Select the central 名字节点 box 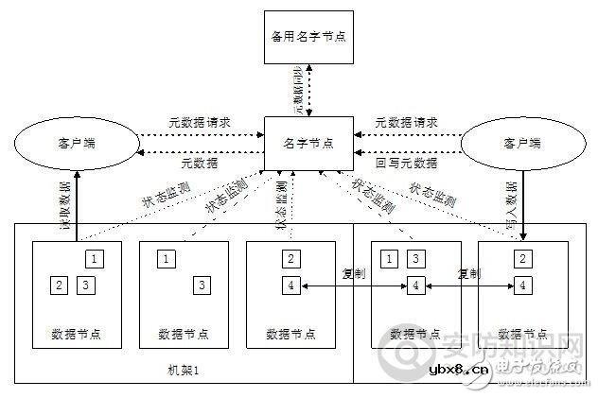(308, 143)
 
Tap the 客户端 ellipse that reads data (73, 144)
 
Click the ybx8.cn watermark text (460, 369)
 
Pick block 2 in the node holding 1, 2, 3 (59, 284)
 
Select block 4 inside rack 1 (291, 284)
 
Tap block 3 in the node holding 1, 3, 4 (414, 257)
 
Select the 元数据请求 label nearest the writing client (405, 123)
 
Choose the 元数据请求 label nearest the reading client (201, 123)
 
